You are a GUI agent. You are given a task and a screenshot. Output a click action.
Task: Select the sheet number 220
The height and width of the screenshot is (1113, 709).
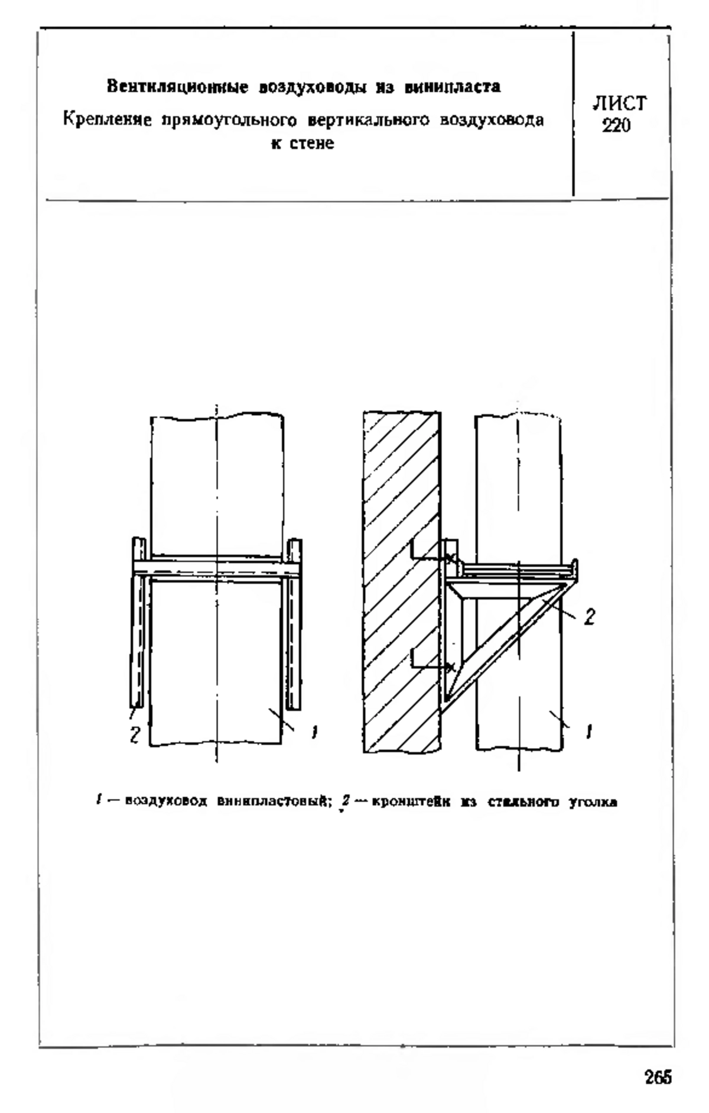617,126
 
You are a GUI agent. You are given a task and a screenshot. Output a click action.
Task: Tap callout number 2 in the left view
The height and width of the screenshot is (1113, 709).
135,736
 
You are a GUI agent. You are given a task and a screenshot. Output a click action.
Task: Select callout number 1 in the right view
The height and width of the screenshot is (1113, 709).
588,733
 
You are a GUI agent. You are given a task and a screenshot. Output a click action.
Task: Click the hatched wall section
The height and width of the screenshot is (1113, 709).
401,583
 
